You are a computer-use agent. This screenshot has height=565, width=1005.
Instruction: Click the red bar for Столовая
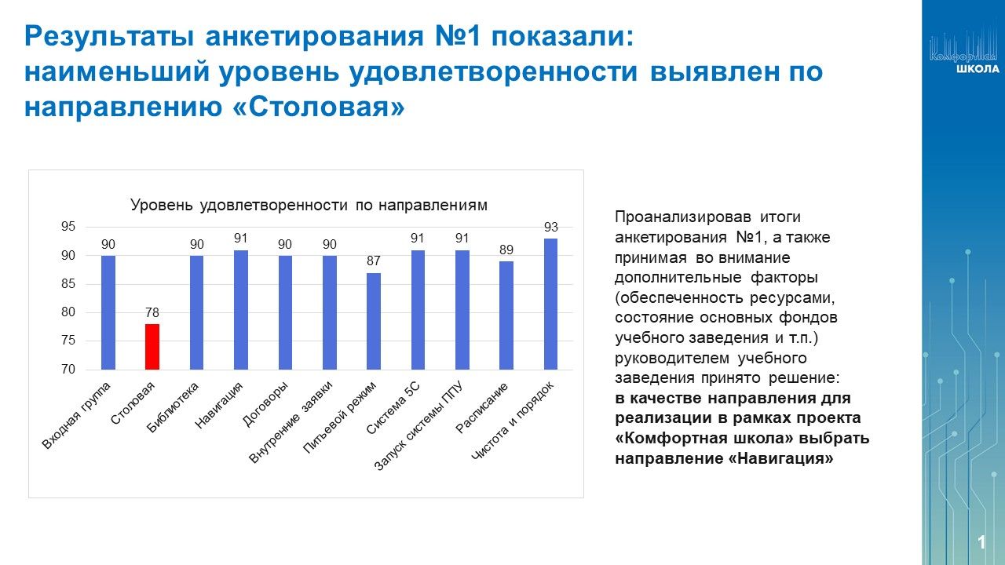click(x=152, y=346)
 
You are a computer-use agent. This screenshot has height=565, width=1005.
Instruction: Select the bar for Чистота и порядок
click(x=550, y=304)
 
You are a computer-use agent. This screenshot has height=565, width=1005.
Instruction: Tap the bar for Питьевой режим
click(x=374, y=321)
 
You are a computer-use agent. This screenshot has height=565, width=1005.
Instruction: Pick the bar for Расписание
click(x=506, y=315)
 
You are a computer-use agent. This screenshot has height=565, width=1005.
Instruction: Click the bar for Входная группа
click(x=108, y=312)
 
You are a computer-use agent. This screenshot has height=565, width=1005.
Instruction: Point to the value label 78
click(x=152, y=312)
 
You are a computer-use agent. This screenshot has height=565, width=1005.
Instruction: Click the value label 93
click(x=550, y=227)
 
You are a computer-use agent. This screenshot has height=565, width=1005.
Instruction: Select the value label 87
click(x=374, y=261)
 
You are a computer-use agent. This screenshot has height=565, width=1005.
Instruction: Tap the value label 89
click(x=506, y=250)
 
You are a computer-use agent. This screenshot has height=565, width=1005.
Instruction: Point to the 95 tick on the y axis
click(x=68, y=227)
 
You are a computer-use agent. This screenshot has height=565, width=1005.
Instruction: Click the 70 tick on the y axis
click(x=68, y=370)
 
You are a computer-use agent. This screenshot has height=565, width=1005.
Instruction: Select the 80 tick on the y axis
click(x=68, y=312)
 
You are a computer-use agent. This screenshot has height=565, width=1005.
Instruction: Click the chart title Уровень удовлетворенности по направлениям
click(x=309, y=205)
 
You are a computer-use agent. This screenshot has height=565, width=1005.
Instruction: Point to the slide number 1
click(x=981, y=542)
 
